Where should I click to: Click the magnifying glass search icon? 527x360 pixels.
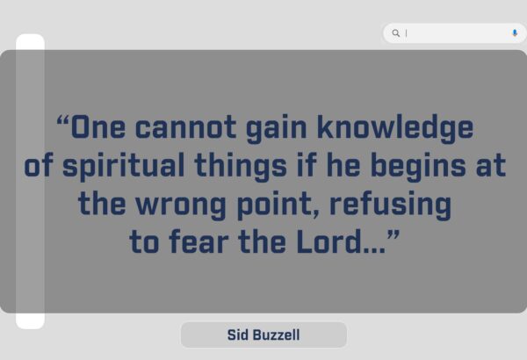[396, 33]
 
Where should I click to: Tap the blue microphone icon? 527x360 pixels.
[515, 32]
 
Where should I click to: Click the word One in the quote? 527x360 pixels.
[98, 126]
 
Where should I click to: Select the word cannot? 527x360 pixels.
[185, 127]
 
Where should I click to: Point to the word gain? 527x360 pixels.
[277, 129]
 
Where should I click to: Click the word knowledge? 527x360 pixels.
[395, 129]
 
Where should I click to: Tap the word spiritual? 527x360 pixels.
[123, 167]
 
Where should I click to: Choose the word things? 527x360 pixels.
[241, 167]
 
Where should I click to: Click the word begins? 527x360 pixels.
[418, 167]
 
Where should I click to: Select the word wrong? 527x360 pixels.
[181, 206]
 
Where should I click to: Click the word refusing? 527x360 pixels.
[390, 205]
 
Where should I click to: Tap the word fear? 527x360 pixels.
[199, 241]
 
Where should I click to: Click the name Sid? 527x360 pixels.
[237, 335]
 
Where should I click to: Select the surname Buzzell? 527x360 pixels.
[277, 335]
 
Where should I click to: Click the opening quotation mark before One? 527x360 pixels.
[63, 119]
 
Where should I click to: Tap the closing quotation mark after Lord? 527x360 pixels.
[393, 234]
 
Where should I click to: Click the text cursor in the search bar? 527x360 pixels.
[406, 33]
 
